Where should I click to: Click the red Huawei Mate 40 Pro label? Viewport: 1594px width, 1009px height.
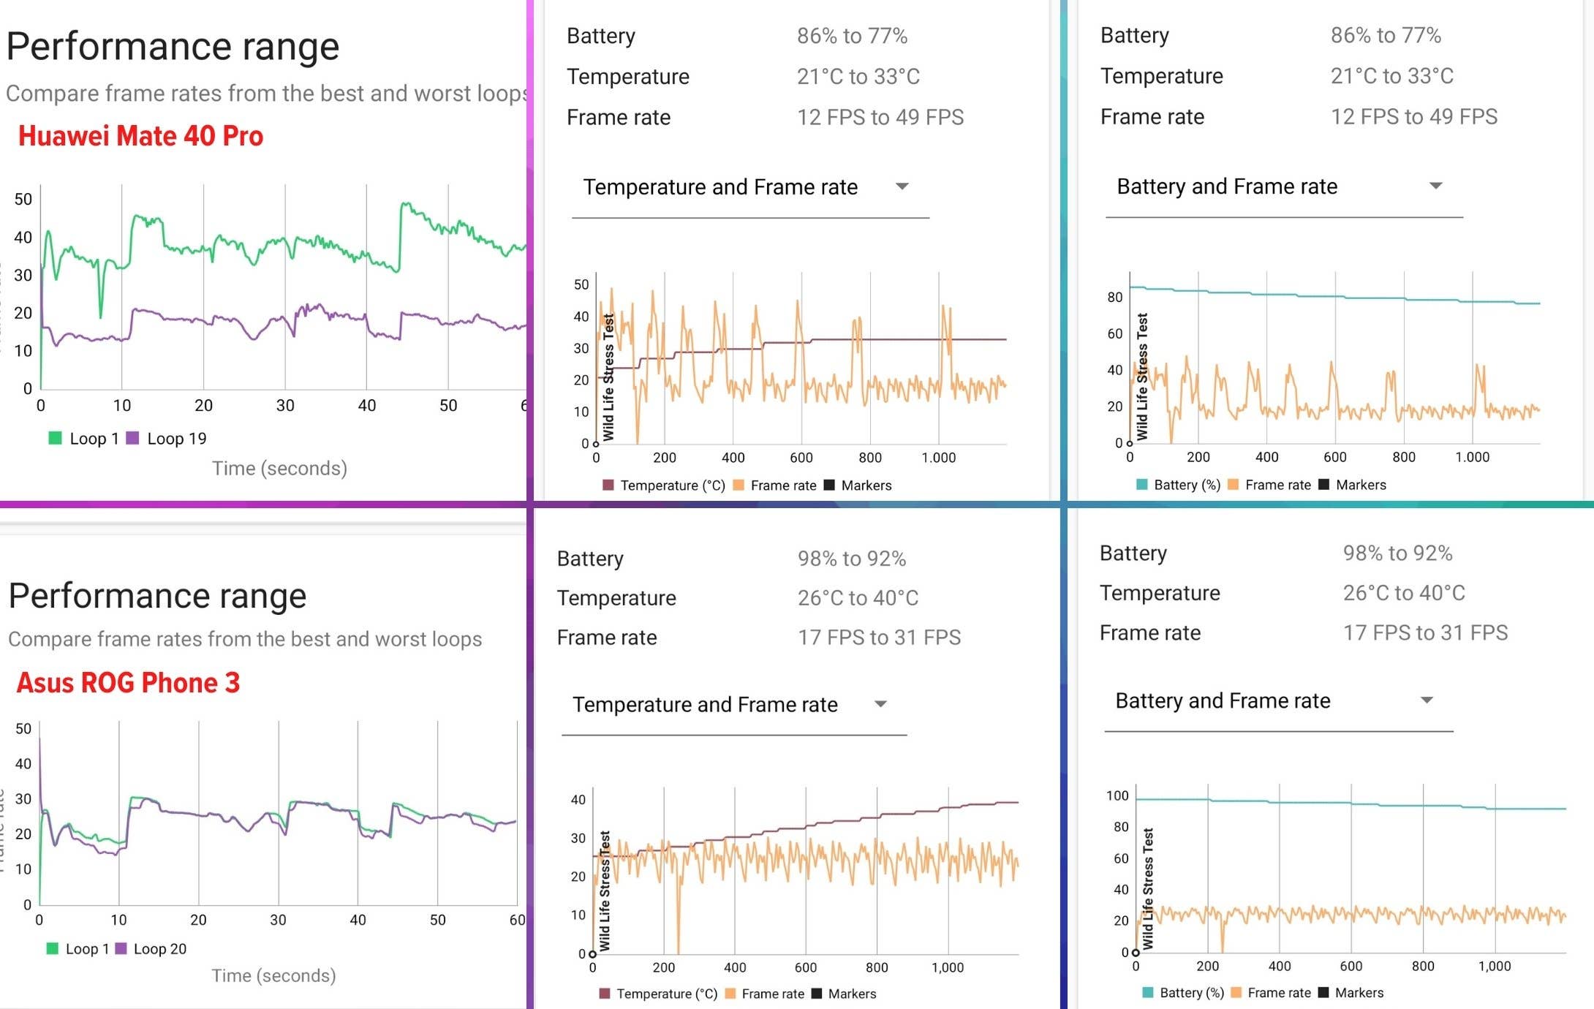[x=140, y=137]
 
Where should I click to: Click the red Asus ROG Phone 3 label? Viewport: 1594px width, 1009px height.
[x=128, y=683]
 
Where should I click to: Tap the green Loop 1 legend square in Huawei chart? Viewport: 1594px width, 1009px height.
[x=55, y=438]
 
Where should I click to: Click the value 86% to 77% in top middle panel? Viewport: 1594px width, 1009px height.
[x=852, y=36]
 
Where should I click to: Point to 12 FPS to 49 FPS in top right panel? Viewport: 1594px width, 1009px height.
[x=1413, y=117]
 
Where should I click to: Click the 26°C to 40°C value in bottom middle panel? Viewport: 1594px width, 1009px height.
[x=858, y=598]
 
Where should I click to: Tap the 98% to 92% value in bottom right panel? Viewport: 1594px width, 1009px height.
[x=1397, y=553]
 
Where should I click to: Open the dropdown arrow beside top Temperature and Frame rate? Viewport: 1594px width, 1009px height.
[x=902, y=186]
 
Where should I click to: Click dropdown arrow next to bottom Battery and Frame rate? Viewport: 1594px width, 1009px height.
[x=1426, y=700]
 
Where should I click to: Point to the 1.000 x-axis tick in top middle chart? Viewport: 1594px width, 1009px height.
[x=938, y=458]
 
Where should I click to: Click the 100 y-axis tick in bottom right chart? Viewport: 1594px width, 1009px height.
[x=1117, y=796]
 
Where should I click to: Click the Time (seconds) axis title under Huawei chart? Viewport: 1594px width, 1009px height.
[x=279, y=469]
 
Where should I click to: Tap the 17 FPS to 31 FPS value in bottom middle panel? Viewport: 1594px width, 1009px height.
[x=879, y=638]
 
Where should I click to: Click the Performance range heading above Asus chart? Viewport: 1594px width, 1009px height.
[x=157, y=596]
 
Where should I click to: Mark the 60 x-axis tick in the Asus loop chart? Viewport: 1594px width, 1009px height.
[x=517, y=920]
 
